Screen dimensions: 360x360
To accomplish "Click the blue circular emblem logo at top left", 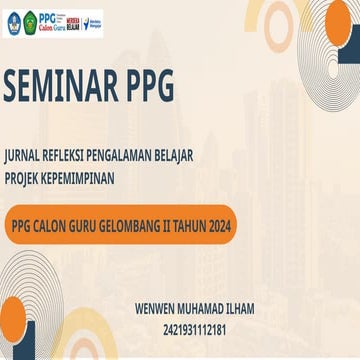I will click(x=14, y=21).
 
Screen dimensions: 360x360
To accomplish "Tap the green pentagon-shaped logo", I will click(x=30, y=21).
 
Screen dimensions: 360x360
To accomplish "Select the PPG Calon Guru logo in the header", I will click(x=54, y=21).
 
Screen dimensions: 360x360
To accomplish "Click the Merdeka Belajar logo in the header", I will click(x=80, y=21).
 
